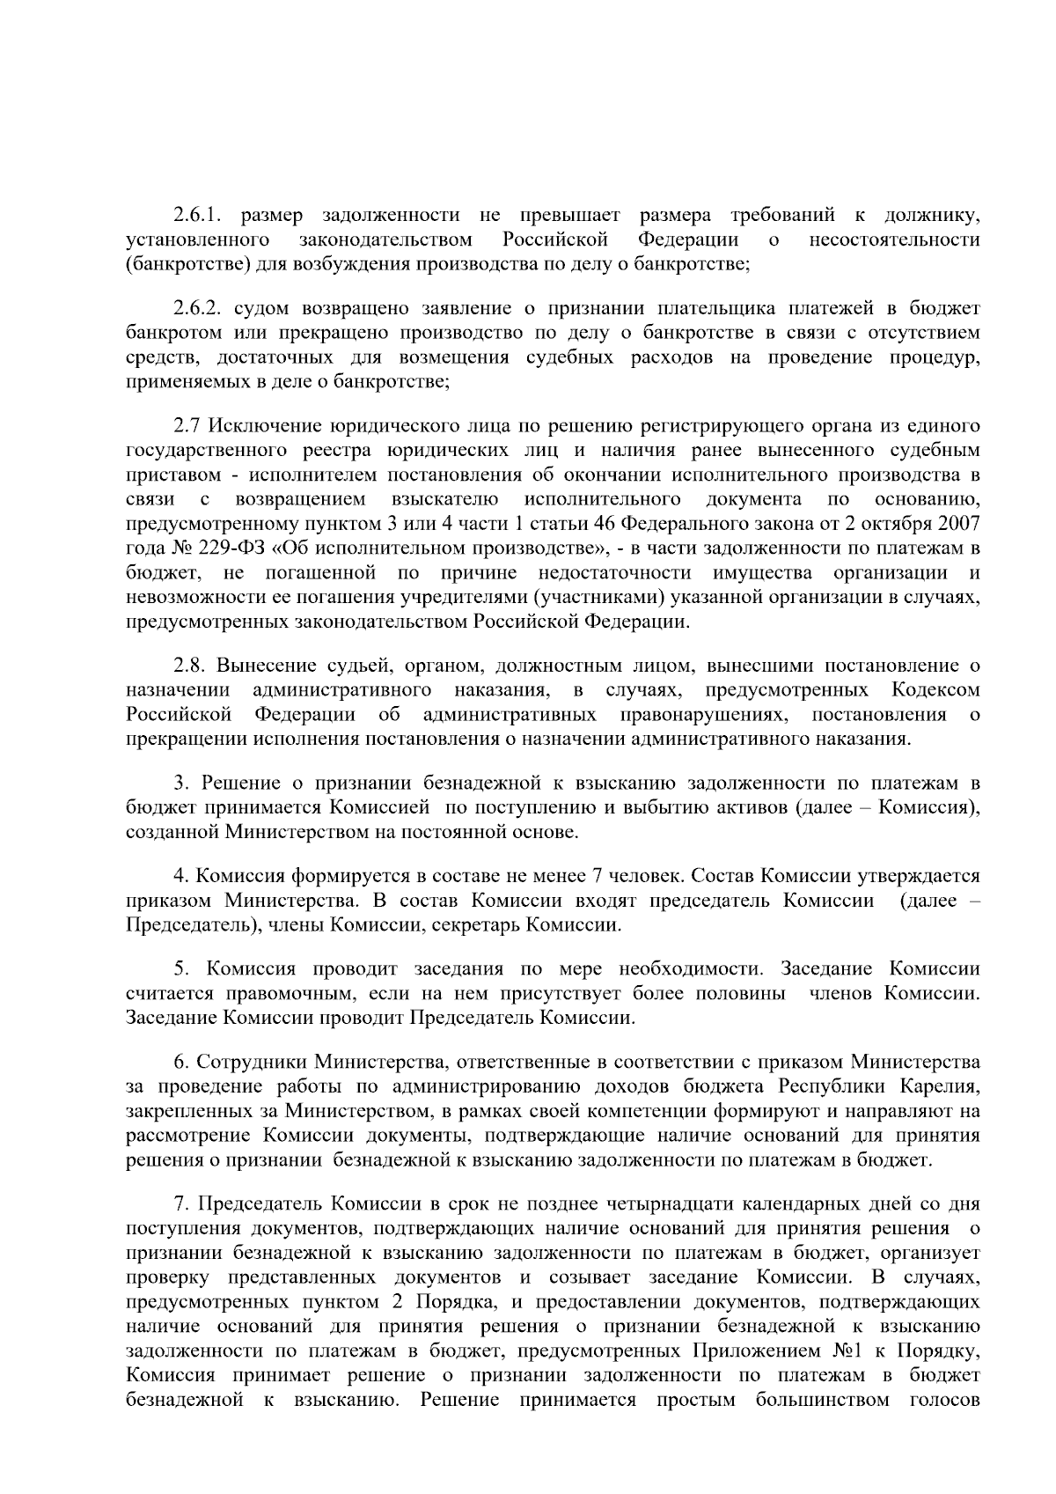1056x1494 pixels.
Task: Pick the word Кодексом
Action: coord(935,690)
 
